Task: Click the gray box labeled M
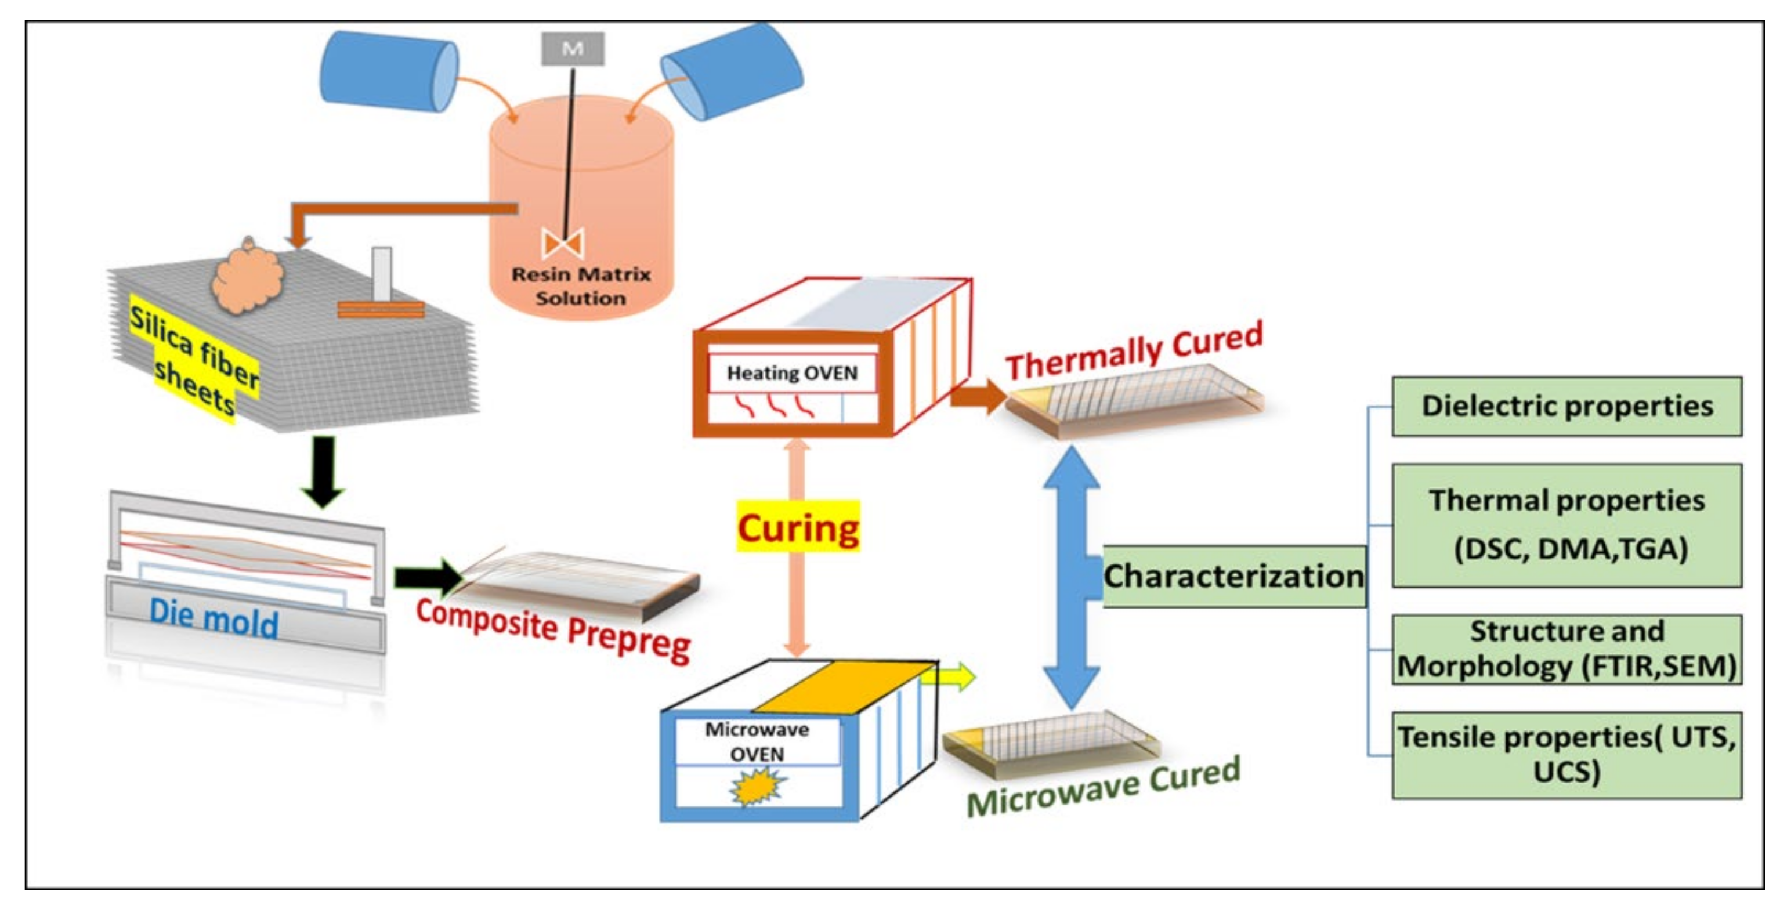[x=572, y=48]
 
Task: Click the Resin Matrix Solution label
[x=580, y=286]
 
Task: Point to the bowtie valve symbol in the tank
[x=563, y=243]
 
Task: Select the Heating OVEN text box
[x=792, y=374]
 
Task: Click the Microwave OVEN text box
[x=757, y=742]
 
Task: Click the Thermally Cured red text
[x=1133, y=351]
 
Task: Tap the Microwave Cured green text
[x=1103, y=788]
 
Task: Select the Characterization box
[x=1233, y=576]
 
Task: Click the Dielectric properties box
[x=1566, y=406]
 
